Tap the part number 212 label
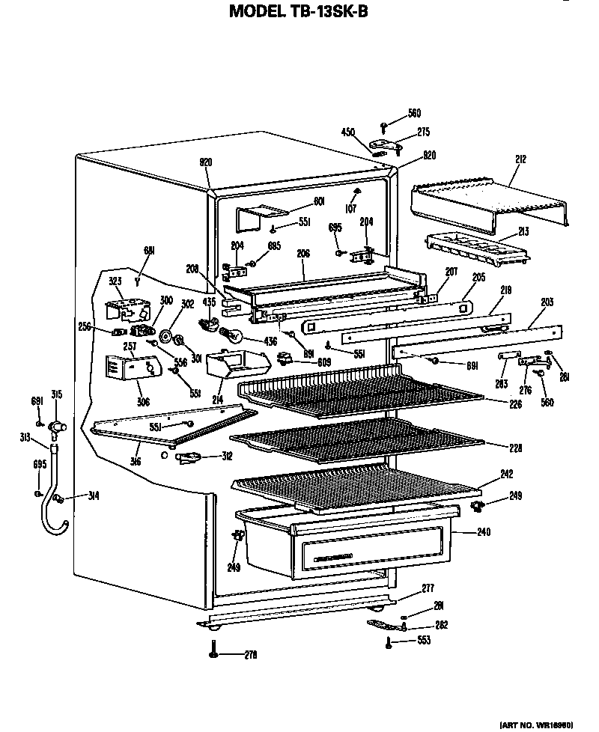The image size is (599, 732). pyautogui.click(x=521, y=159)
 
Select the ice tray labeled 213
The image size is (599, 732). pyautogui.click(x=476, y=248)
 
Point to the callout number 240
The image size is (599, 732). pyautogui.click(x=484, y=533)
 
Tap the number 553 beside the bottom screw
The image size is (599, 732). pyautogui.click(x=423, y=641)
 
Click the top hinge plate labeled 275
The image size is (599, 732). pyautogui.click(x=389, y=142)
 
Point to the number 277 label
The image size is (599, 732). pyautogui.click(x=427, y=588)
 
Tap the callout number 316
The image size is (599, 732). pyautogui.click(x=136, y=460)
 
